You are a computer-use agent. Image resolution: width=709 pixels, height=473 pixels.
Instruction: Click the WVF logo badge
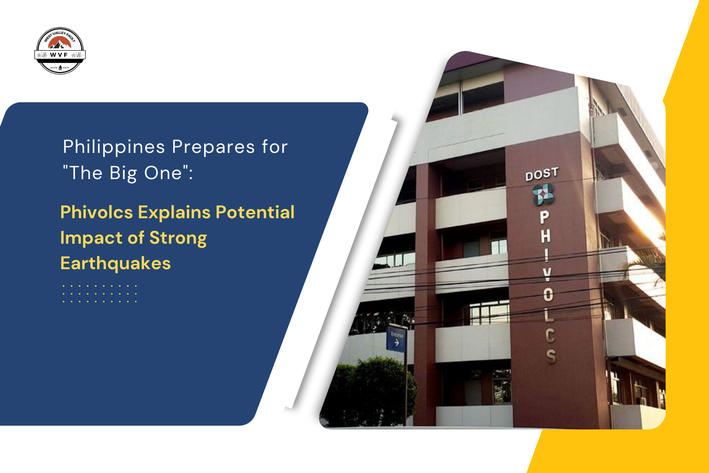(60, 51)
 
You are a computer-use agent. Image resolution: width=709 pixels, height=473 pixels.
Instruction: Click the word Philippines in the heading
(114, 147)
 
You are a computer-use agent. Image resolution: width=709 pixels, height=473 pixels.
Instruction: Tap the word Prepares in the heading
(213, 147)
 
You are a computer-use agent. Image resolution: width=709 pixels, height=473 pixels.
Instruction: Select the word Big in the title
(123, 173)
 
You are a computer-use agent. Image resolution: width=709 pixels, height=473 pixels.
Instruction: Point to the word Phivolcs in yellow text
(96, 212)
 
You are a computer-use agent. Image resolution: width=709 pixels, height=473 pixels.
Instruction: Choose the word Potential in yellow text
(255, 212)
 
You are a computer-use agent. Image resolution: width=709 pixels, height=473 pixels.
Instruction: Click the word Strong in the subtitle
(178, 238)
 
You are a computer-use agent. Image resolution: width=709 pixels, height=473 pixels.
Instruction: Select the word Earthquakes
(115, 263)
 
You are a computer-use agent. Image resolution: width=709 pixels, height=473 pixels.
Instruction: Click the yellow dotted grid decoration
(100, 294)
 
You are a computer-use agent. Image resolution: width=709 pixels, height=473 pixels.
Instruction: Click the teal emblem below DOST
(543, 195)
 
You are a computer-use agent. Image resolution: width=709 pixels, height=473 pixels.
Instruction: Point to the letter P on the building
(544, 217)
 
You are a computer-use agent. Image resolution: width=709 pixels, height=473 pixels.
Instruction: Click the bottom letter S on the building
(551, 356)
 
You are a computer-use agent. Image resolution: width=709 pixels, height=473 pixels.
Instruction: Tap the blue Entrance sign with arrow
(396, 338)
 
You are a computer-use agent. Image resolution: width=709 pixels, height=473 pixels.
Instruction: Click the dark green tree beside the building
(369, 391)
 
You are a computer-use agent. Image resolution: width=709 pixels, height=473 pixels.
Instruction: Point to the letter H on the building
(545, 236)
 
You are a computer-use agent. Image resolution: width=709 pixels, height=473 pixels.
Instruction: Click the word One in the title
(163, 173)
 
